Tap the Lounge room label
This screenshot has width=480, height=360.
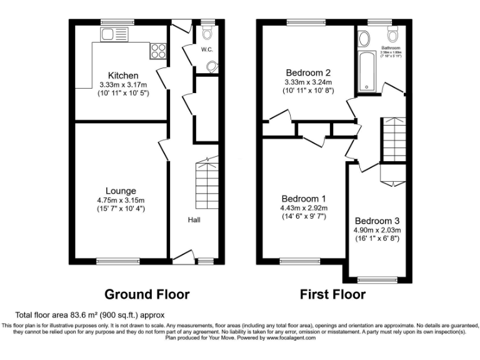[x=121, y=191]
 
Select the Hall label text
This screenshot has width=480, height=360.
[x=194, y=220]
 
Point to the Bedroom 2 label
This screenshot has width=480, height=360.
[x=307, y=72]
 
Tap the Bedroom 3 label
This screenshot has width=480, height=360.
[x=377, y=221]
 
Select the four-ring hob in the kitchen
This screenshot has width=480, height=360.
[x=157, y=48]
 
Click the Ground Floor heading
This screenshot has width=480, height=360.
[x=146, y=294]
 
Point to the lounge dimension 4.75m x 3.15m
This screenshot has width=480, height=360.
[x=121, y=200]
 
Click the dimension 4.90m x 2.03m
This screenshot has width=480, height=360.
[x=377, y=230]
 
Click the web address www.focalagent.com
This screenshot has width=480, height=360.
[x=284, y=338]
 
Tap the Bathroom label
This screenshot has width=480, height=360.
[x=391, y=47]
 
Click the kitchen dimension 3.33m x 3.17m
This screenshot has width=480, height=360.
[x=122, y=85]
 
